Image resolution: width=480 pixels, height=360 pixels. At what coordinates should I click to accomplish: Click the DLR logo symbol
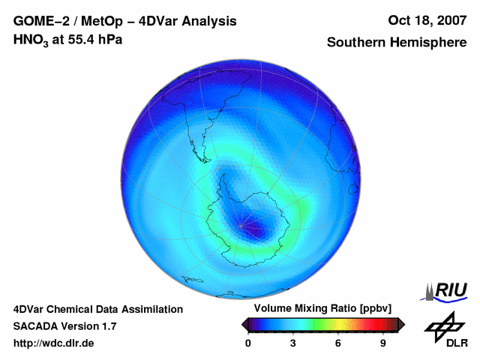click(x=444, y=325)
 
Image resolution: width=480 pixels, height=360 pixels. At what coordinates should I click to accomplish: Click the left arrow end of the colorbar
click(x=245, y=324)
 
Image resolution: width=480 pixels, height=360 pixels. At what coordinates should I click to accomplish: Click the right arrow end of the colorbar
click(x=401, y=324)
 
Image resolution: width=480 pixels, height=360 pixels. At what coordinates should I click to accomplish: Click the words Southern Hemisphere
click(x=397, y=43)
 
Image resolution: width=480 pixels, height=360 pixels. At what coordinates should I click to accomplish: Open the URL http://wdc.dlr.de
click(x=54, y=343)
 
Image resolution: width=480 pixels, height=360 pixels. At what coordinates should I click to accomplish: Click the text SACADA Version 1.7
click(x=64, y=326)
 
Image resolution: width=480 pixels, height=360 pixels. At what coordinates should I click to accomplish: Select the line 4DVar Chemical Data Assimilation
click(x=97, y=309)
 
